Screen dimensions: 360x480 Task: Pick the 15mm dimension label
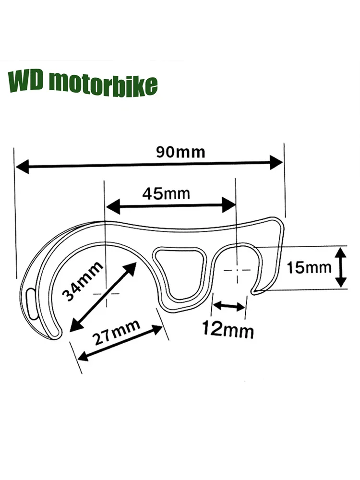[309, 267]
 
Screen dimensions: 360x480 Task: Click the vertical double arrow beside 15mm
[340, 267]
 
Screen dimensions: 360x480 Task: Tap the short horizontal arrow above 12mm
[229, 305]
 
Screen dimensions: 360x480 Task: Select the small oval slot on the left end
[32, 302]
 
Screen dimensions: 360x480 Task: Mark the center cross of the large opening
[106, 292]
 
